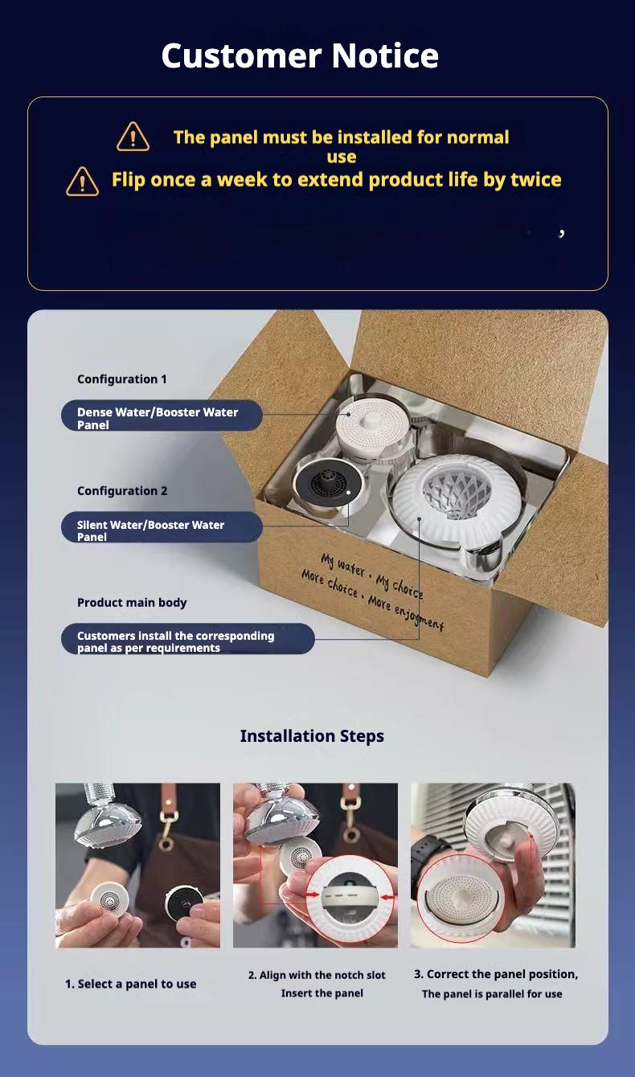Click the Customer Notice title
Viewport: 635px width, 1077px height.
pyautogui.click(x=300, y=56)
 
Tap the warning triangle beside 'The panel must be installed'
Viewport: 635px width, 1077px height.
pyautogui.click(x=133, y=137)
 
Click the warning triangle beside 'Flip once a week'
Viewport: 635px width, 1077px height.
pyautogui.click(x=82, y=182)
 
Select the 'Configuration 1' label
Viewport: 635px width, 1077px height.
pyautogui.click(x=122, y=379)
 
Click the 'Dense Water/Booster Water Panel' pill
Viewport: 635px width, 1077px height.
pyautogui.click(x=162, y=416)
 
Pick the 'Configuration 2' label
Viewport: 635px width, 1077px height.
pyautogui.click(x=122, y=491)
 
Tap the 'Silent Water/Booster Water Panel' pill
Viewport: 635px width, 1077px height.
pyautogui.click(x=162, y=529)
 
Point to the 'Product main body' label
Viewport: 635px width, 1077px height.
pyautogui.click(x=132, y=603)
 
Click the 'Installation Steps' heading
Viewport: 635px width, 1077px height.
pyautogui.click(x=312, y=736)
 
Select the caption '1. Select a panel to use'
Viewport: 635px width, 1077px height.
pyautogui.click(x=130, y=984)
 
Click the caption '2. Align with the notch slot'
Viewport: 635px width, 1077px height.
pyautogui.click(x=317, y=975)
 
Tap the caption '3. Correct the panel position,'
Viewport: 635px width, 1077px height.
pyautogui.click(x=496, y=974)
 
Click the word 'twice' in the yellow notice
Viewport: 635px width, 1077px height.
pyautogui.click(x=535, y=179)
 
